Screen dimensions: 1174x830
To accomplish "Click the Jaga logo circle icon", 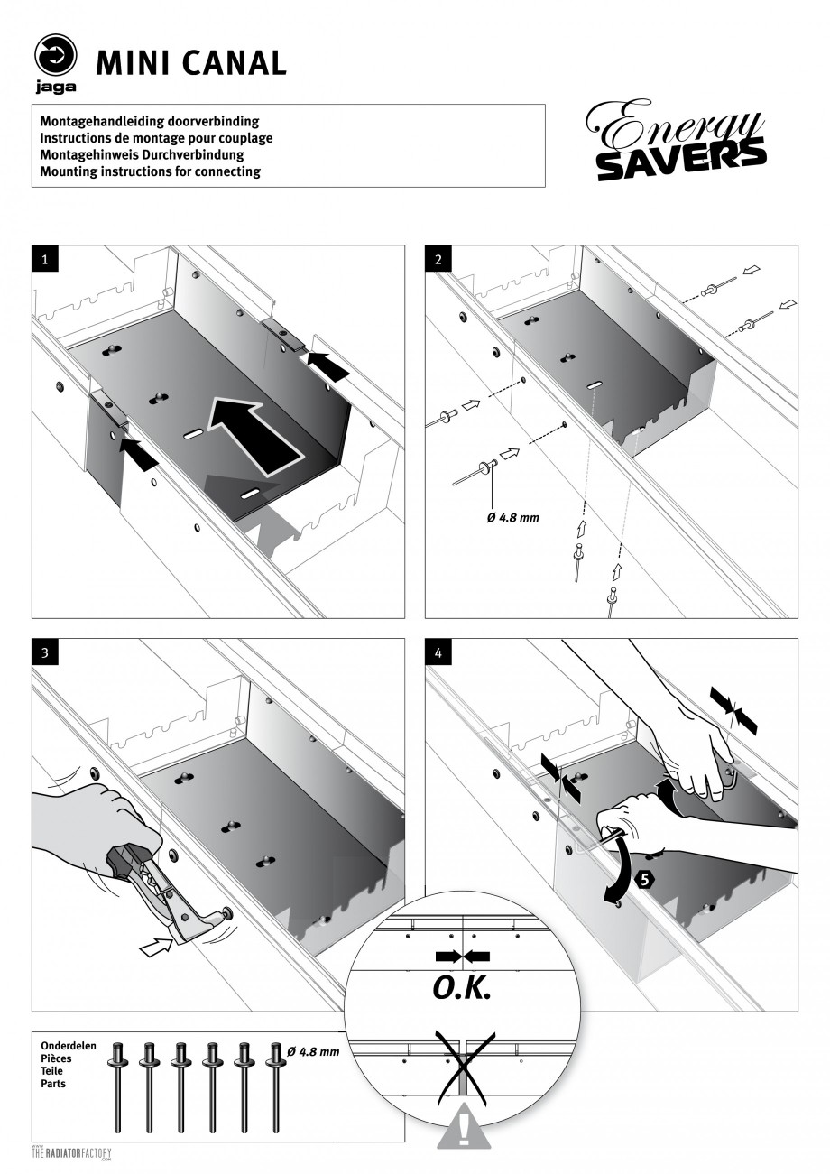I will (56, 56).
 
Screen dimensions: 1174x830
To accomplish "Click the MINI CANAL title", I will (190, 62).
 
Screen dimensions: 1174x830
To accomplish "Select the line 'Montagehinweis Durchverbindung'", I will (142, 154).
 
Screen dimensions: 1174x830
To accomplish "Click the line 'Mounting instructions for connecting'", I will (151, 171).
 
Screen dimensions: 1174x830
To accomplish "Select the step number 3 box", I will (44, 652).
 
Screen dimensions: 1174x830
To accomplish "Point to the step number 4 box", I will (438, 652).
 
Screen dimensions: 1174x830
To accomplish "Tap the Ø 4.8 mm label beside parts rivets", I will (313, 1052).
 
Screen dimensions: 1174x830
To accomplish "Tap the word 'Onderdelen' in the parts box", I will (69, 1046).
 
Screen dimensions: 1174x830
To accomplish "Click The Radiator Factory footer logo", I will (71, 1153).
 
